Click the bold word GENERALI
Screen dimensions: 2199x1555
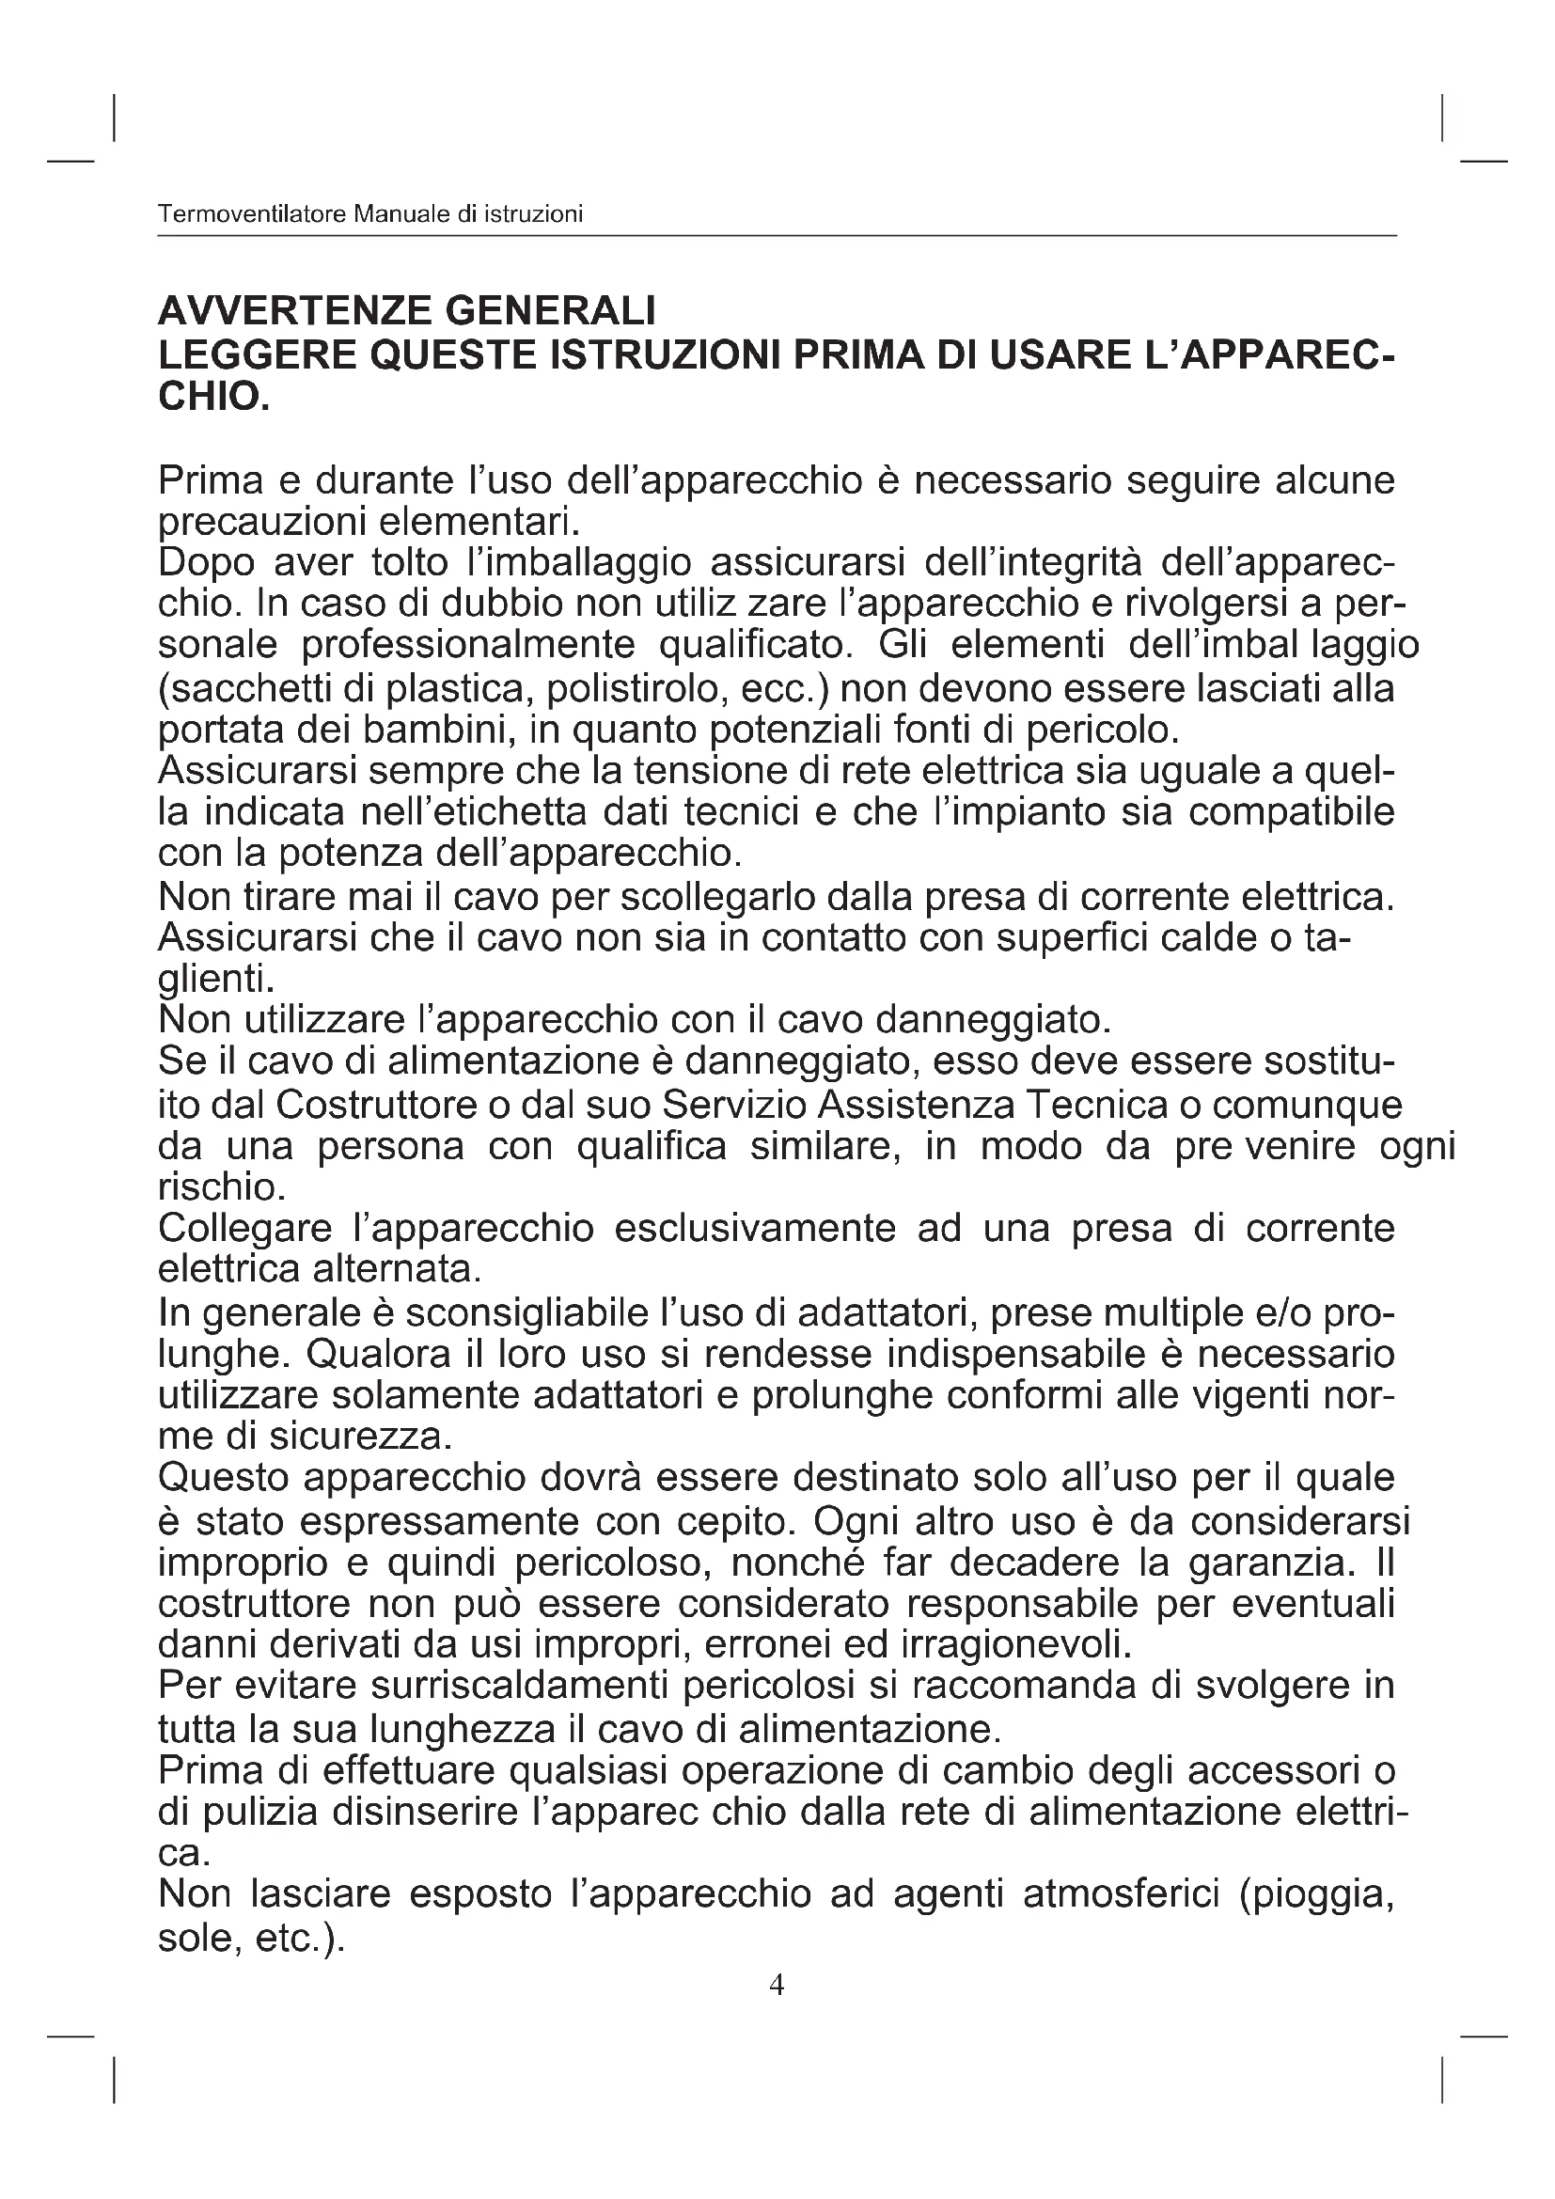coord(550,311)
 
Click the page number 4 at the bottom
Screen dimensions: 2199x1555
coord(777,1986)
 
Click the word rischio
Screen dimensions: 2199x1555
coord(220,1187)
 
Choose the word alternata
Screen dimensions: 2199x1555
coord(397,1270)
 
